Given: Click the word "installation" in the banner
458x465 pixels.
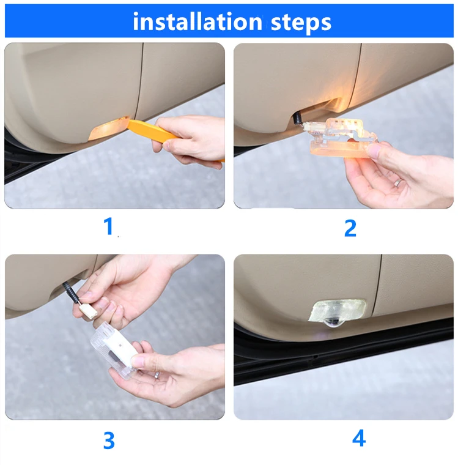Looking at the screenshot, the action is pos(198,21).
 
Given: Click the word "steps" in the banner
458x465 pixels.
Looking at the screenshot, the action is pos(301,23).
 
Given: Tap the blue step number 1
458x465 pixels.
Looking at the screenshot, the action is pos(109,226).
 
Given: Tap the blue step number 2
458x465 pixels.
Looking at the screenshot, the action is pos(350,228).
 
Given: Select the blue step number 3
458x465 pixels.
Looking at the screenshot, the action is pos(109,440).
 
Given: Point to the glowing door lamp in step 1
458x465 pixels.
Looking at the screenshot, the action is pos(108,128).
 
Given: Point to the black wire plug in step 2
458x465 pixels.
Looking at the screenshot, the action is pos(297,118).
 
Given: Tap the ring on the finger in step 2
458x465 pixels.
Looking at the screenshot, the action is pos(398,182).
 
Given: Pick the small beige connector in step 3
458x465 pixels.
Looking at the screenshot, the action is pos(89,311).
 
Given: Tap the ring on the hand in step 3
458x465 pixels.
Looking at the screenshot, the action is pos(157,375).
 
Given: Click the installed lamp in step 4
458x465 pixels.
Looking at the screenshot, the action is pos(338,311).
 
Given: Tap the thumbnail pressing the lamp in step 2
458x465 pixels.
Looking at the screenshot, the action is pos(373,151).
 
